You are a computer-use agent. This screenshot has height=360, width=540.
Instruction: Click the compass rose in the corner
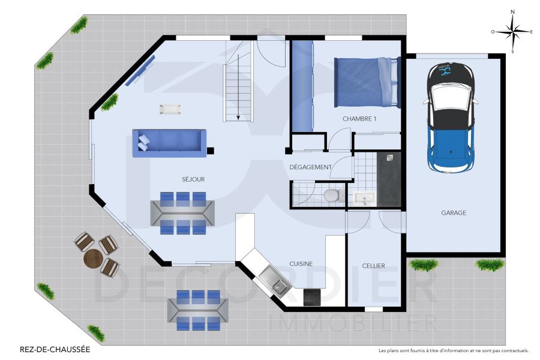tap(512, 32)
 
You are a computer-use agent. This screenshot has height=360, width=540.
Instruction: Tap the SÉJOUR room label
tap(194, 179)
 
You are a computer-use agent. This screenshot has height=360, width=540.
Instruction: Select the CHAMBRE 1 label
tap(359, 119)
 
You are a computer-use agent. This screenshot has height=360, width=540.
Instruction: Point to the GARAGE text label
tap(454, 212)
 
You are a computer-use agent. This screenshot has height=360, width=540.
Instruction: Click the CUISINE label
tap(301, 263)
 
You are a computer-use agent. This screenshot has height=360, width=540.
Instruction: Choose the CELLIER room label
tap(373, 266)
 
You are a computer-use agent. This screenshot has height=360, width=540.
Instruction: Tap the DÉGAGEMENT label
tap(310, 167)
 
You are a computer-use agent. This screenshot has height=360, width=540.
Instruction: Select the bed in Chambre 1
tap(367, 82)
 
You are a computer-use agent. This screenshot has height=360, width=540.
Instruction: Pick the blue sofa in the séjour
tap(169, 143)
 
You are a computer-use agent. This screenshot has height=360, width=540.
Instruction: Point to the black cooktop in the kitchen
tap(313, 297)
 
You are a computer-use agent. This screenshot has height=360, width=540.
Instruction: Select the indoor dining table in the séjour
tap(182, 213)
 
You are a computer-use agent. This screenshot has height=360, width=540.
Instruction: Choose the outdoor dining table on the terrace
tap(198, 310)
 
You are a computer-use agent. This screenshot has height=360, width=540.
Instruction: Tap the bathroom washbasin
tap(364, 198)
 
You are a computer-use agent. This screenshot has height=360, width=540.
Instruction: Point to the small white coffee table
tap(170, 109)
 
